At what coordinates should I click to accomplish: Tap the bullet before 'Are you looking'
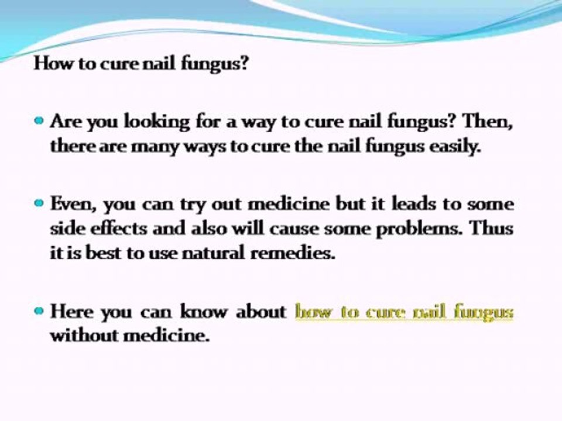coord(39,120)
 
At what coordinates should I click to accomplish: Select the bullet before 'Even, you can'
coord(39,203)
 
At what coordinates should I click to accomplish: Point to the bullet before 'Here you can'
coord(39,310)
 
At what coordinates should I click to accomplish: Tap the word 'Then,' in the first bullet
coord(488,122)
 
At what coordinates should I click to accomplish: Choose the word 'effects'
coord(119,229)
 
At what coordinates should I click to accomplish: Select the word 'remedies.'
coord(293,253)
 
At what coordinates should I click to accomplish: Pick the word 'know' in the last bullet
coord(204,311)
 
